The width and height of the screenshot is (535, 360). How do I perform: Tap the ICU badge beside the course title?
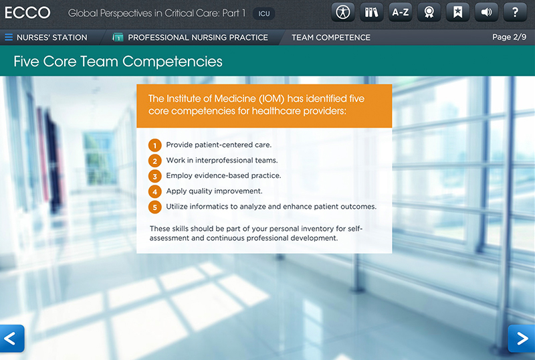pos(263,13)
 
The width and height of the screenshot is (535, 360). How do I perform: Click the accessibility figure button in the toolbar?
pos(343,12)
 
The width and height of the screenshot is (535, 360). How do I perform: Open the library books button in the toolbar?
pos(372,12)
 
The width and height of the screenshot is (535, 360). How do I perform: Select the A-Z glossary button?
pos(401,12)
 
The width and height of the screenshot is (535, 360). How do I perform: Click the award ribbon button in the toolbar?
pos(429,12)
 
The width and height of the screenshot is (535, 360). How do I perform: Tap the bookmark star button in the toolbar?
pos(457,12)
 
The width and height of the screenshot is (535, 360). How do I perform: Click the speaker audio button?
pos(486,12)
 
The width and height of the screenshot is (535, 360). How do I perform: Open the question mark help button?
pos(515,12)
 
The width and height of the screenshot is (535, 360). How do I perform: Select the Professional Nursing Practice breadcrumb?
pos(197,37)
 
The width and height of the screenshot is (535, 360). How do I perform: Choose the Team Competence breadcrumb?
pos(330,37)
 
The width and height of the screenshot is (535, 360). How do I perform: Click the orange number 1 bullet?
pos(155,145)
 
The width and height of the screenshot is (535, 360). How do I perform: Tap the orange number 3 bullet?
pos(155,176)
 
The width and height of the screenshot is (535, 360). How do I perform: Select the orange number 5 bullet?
pos(155,207)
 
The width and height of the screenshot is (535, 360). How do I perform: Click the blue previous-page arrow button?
pos(12,338)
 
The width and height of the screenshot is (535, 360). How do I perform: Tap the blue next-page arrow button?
pos(522,338)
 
